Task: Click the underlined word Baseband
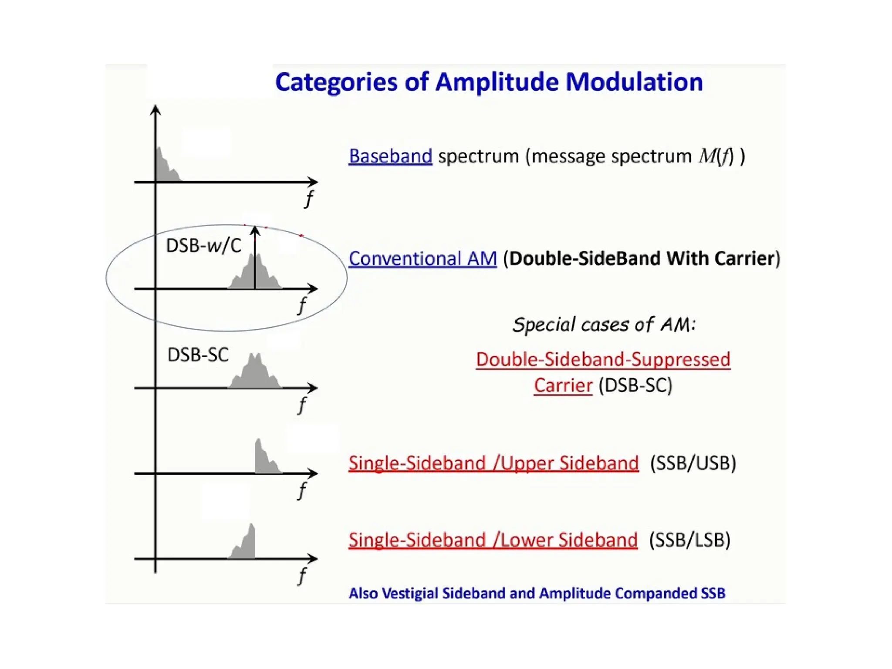(x=390, y=156)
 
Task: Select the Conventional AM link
(x=422, y=258)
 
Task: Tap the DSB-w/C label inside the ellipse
(x=203, y=246)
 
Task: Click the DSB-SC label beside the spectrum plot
(x=198, y=355)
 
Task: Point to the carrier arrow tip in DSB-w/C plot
(x=255, y=230)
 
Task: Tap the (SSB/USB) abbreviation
(x=693, y=463)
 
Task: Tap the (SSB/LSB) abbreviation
(x=689, y=540)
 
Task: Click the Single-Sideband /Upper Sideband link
(x=493, y=463)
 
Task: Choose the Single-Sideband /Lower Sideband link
(x=493, y=540)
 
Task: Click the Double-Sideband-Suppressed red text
(x=603, y=360)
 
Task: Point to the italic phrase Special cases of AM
(x=604, y=324)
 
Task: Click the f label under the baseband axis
(x=309, y=199)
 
